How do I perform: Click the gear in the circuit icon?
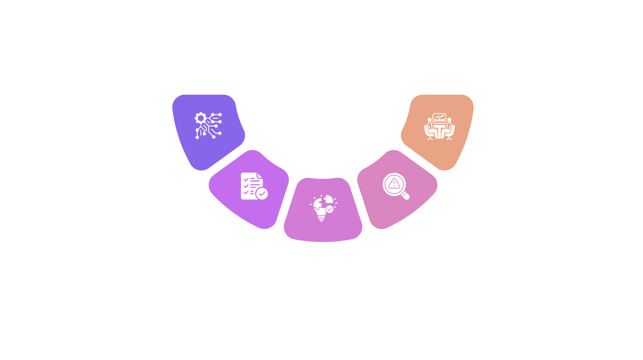(x=200, y=118)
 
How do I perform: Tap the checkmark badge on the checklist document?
(x=262, y=193)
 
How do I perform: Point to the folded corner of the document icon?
(x=260, y=175)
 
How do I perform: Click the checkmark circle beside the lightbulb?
(x=330, y=209)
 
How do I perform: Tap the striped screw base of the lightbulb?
(x=322, y=218)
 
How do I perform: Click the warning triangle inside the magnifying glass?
(x=394, y=183)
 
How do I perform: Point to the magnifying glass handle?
(x=405, y=196)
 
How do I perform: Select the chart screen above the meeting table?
(x=439, y=118)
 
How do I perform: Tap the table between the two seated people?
(x=439, y=131)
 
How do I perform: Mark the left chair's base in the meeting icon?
(x=430, y=139)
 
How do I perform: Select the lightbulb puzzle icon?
(x=323, y=208)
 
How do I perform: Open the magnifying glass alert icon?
(x=396, y=186)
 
